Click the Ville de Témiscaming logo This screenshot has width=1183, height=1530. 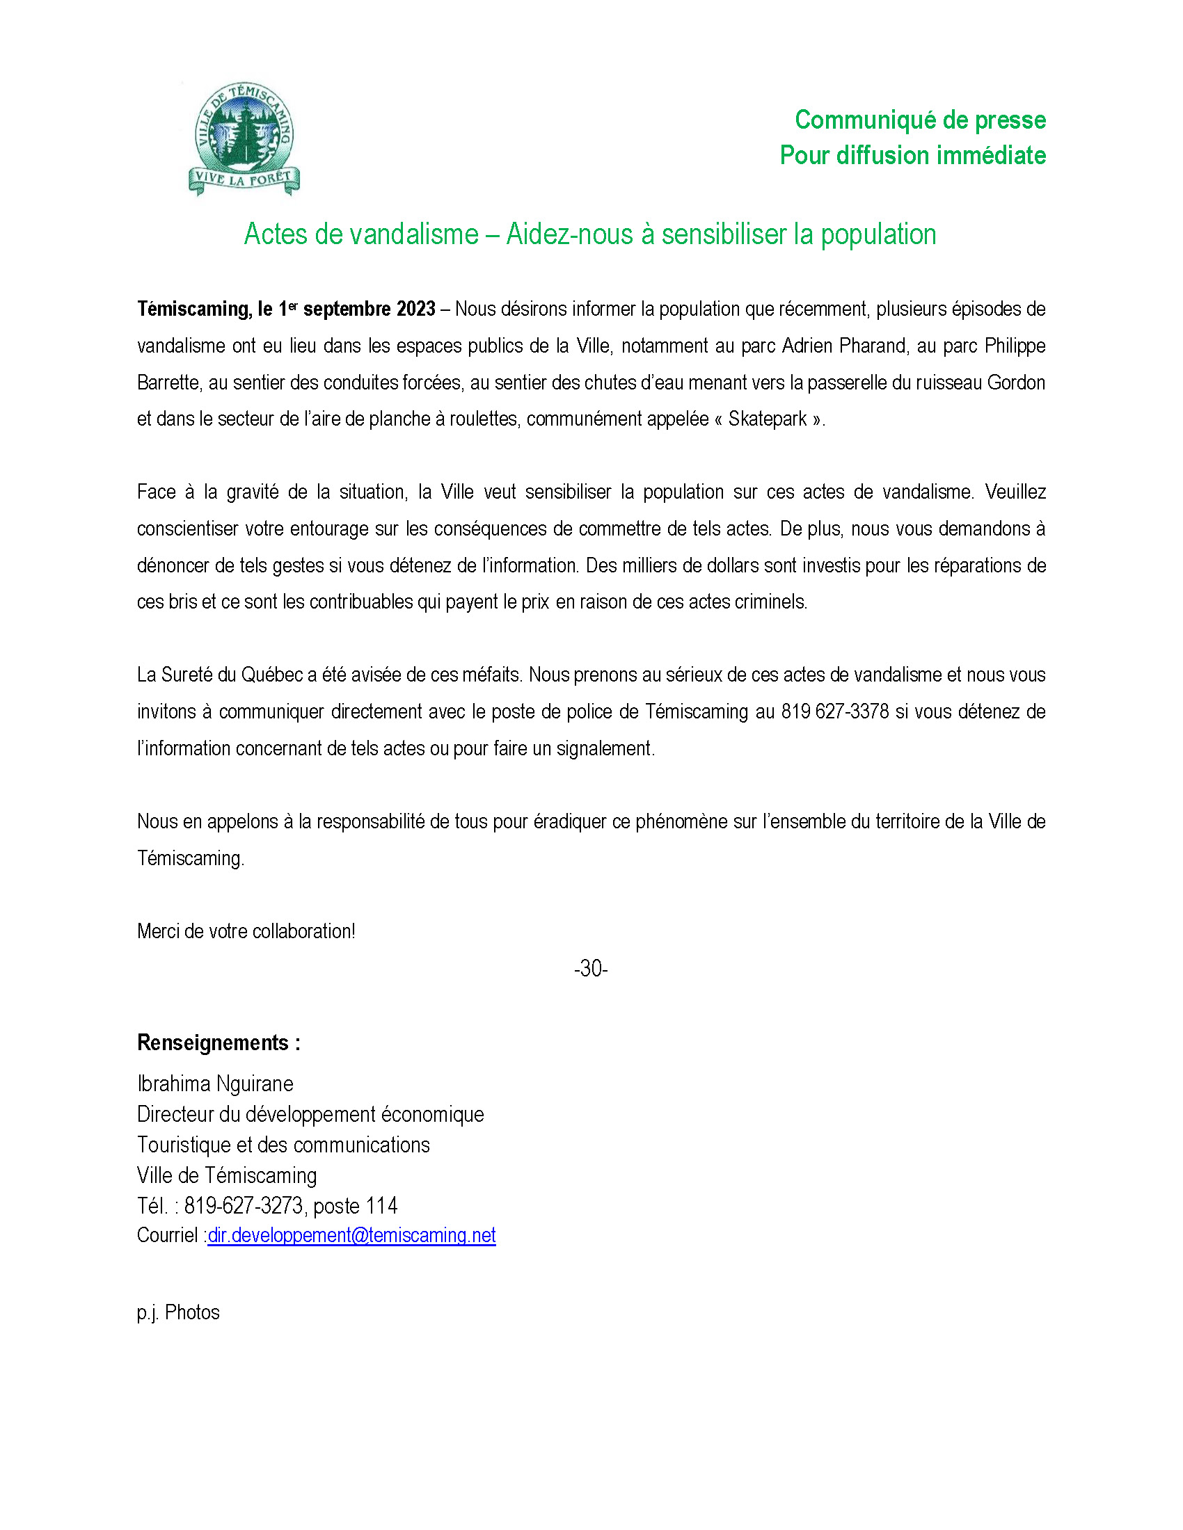(244, 139)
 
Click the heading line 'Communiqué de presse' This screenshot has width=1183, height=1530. (919, 120)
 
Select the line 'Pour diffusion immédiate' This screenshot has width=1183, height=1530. (912, 156)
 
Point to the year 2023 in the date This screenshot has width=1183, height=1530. (416, 309)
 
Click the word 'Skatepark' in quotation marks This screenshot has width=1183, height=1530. (768, 419)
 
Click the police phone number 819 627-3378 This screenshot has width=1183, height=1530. (834, 711)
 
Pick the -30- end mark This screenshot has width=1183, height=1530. (591, 968)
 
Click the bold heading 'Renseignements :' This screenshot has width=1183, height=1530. (219, 1043)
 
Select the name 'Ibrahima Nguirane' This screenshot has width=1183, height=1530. (215, 1084)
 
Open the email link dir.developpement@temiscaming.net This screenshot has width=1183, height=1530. (352, 1235)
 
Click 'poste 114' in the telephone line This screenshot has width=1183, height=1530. (356, 1206)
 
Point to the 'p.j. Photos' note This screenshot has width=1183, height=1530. (178, 1312)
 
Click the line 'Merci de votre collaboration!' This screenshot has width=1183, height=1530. (246, 931)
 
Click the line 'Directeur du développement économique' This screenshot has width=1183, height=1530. (310, 1115)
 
